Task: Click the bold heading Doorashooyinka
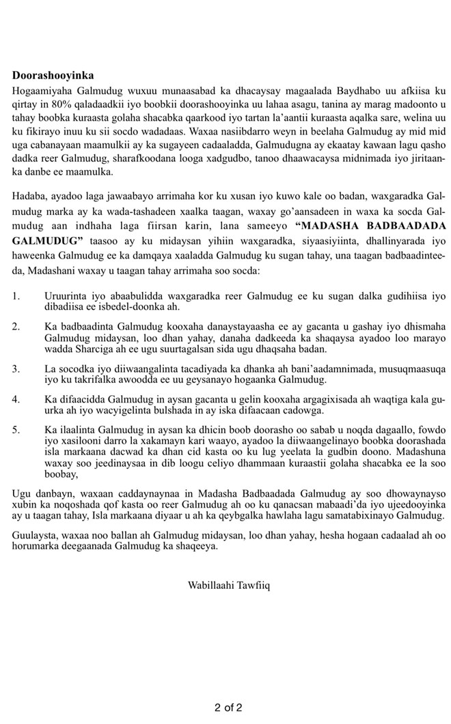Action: click(x=53, y=76)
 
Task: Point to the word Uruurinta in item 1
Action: click(x=67, y=296)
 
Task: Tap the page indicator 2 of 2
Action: click(x=228, y=708)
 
